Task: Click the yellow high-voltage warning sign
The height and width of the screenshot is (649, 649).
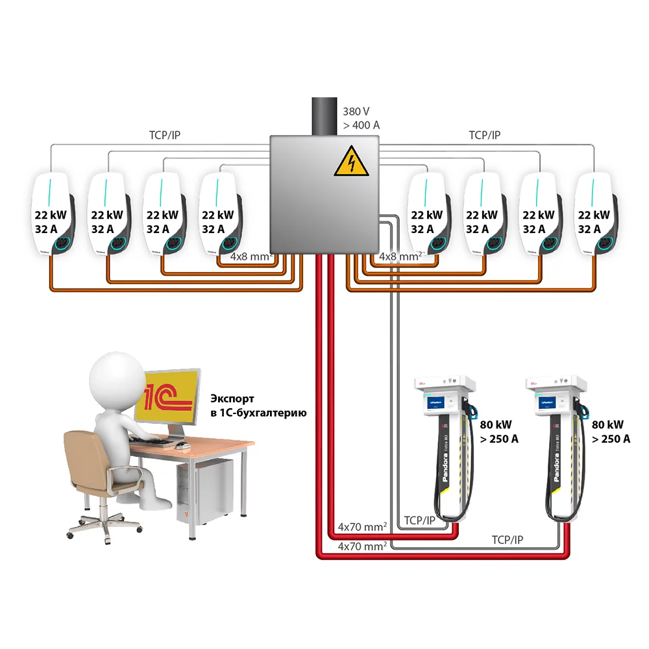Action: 351,161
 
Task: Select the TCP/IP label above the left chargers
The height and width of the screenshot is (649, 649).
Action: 160,136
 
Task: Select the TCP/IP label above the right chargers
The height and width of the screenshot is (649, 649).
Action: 485,136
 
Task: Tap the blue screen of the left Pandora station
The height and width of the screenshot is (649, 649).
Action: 441,403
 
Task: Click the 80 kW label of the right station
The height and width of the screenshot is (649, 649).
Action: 607,425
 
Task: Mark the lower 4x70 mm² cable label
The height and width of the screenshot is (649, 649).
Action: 362,547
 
